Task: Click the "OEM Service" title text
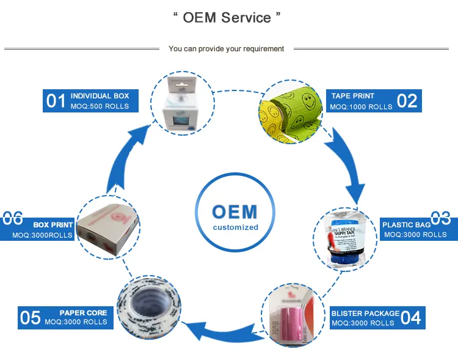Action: (x=227, y=18)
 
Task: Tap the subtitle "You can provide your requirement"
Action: (x=227, y=49)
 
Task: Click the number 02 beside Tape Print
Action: (x=407, y=101)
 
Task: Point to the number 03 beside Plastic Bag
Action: (x=440, y=218)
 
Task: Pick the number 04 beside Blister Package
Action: (x=411, y=318)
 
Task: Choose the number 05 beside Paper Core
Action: (x=31, y=318)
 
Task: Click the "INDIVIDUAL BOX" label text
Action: (x=100, y=96)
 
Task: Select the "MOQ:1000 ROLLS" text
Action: (x=362, y=107)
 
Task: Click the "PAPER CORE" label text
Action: (x=83, y=312)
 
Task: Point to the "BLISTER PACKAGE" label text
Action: (x=365, y=313)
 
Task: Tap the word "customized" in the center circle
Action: (x=235, y=227)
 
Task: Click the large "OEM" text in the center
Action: (x=235, y=211)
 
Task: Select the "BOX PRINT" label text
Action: (x=53, y=224)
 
